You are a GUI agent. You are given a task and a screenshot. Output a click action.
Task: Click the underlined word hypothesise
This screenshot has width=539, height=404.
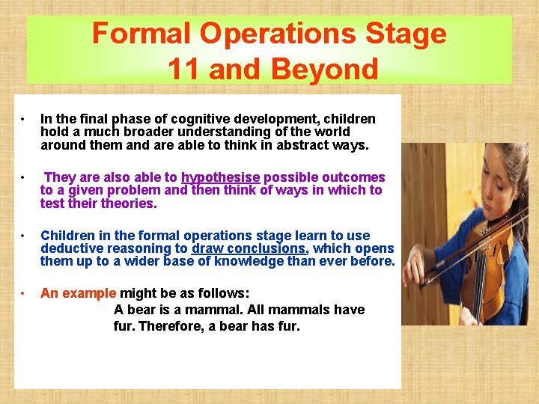pyautogui.click(x=221, y=177)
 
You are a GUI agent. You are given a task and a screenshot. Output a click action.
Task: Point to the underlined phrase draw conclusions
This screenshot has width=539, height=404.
pyautogui.click(x=249, y=248)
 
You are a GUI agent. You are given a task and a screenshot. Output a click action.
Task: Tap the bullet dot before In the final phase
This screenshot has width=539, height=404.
pyautogui.click(x=25, y=120)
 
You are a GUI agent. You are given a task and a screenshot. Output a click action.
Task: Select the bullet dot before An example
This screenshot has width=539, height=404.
pyautogui.click(x=25, y=294)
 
